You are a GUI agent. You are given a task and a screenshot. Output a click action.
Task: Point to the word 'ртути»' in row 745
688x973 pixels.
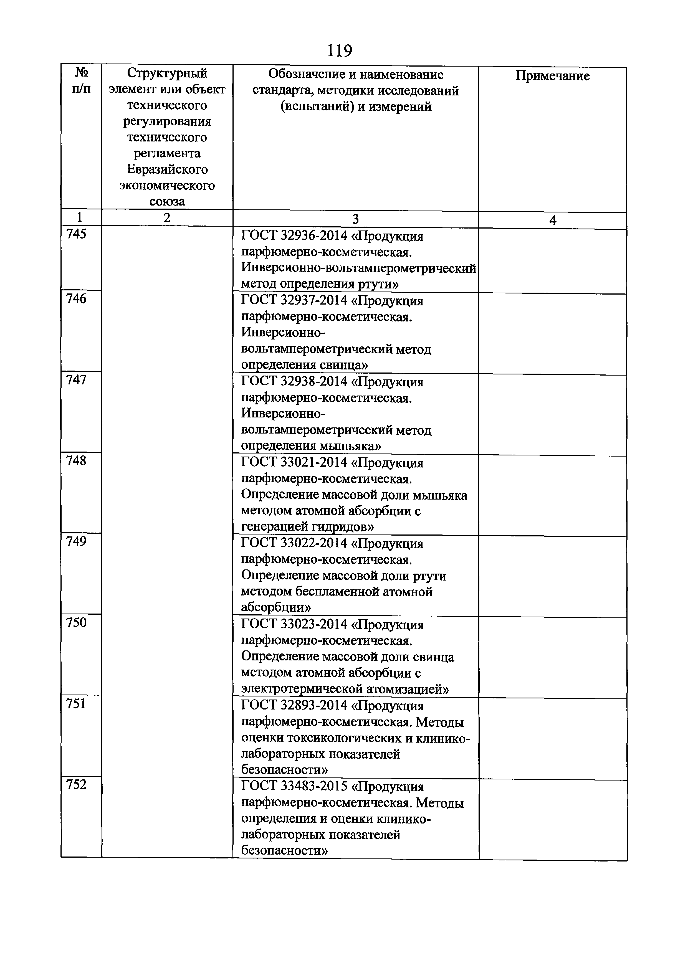pyautogui.click(x=379, y=284)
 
